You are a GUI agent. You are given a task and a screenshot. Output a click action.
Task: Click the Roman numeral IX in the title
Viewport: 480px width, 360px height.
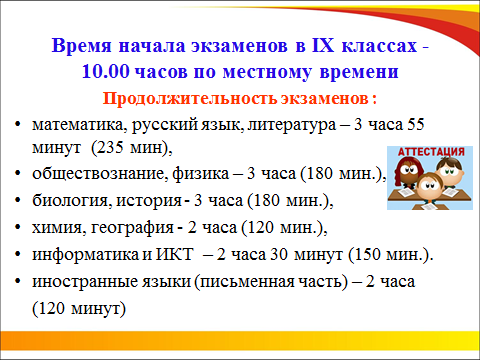pos(323,45)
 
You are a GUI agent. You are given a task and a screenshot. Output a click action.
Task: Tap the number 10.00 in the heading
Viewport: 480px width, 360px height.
pos(105,71)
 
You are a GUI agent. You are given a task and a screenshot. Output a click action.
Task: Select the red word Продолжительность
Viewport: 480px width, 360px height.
pos(190,98)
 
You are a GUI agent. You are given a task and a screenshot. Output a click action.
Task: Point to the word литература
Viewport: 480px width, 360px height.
pos(292,125)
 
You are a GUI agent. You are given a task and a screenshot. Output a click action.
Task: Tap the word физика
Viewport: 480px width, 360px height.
pos(201,174)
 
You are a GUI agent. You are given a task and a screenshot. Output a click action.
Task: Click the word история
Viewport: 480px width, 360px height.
pos(149,201)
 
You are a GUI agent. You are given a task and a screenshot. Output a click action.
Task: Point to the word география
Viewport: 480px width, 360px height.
pos(133,228)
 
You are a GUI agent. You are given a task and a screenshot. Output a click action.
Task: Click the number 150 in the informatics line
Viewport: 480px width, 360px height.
pos(367,255)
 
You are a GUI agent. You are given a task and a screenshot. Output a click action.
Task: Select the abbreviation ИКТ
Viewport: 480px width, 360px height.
pos(175,255)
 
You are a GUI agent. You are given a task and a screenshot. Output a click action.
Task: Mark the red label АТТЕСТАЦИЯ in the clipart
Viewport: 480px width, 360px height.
pos(431,152)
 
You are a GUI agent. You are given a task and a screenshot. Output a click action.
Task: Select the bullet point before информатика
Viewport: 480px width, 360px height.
pos(18,255)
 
